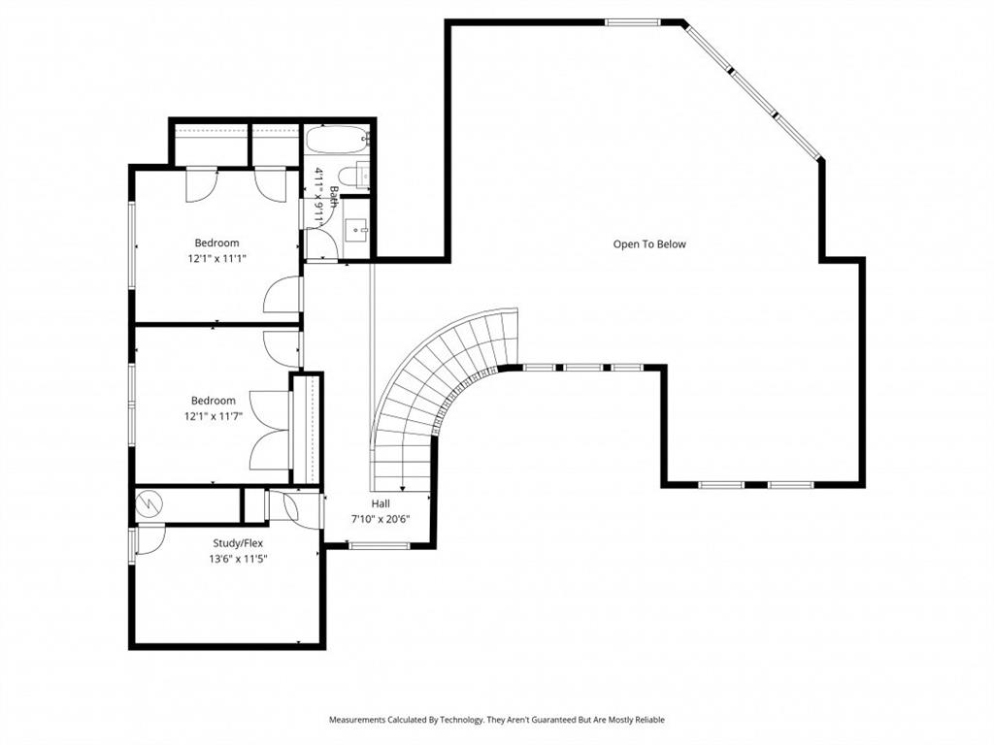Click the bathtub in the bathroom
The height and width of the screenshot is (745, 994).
click(337, 140)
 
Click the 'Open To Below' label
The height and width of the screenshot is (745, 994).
click(648, 244)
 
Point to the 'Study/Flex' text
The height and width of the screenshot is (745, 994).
click(238, 543)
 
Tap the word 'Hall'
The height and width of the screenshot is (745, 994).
click(381, 504)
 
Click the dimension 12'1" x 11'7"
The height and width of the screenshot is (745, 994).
click(213, 415)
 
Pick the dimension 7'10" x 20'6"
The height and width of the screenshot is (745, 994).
click(381, 519)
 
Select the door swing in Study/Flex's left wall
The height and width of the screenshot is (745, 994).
click(148, 539)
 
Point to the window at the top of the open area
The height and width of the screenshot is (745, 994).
click(633, 21)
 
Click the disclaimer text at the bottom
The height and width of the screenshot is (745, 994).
click(497, 720)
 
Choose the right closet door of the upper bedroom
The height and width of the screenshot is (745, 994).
click(270, 183)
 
